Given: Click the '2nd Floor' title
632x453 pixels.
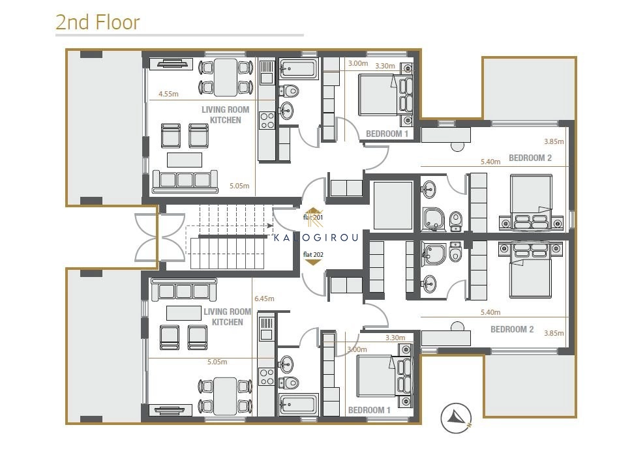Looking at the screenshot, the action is click(x=98, y=22).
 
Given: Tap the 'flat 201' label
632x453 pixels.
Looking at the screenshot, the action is click(x=313, y=218).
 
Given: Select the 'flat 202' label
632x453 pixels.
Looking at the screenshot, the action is click(x=313, y=254).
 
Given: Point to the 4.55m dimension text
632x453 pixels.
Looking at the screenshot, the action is click(x=168, y=94).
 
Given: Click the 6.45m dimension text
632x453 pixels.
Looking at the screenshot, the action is click(x=264, y=299).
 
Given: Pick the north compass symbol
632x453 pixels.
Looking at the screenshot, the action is click(x=456, y=418).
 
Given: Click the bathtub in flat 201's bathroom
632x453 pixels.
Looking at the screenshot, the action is click(x=299, y=69).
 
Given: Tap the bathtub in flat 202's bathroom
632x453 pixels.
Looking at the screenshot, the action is click(x=299, y=404).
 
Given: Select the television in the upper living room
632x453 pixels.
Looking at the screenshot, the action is click(x=171, y=64).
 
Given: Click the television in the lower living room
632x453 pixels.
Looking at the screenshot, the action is click(x=170, y=411).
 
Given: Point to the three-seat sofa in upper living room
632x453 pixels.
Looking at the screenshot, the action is click(x=185, y=182).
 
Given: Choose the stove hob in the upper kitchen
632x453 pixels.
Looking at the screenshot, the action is click(x=267, y=121).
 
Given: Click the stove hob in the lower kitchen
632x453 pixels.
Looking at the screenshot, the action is click(x=267, y=377).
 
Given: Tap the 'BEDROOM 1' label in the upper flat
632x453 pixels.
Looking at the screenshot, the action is click(x=387, y=134).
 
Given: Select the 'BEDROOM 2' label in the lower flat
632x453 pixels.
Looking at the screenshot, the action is click(x=512, y=329).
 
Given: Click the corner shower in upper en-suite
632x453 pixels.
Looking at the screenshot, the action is click(x=434, y=219).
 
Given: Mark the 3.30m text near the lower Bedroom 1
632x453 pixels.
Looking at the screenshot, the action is click(x=395, y=338).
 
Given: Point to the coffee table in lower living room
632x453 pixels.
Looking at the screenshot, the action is click(x=184, y=313).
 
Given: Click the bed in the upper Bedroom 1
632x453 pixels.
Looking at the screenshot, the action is click(x=385, y=95).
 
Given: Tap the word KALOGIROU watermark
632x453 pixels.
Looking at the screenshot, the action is click(x=316, y=237).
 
